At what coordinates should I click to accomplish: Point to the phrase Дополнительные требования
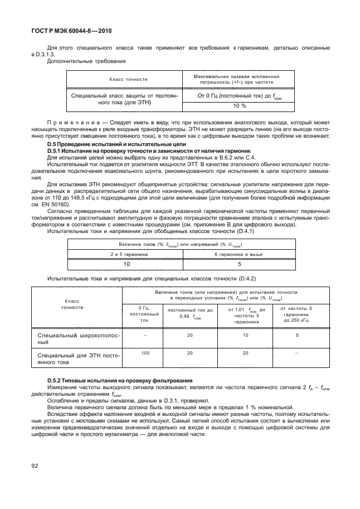[x=79, y=61]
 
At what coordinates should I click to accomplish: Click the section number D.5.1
[x=56, y=151]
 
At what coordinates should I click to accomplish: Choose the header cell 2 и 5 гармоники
[x=128, y=254]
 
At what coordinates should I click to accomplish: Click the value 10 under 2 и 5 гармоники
[x=127, y=265]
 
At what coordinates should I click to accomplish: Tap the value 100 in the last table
[x=145, y=353]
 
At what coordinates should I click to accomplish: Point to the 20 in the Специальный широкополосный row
[x=189, y=335]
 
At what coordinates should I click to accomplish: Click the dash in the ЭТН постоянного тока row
[x=296, y=353]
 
